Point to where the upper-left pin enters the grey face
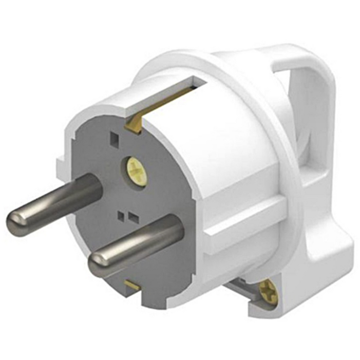(x=95, y=185)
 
